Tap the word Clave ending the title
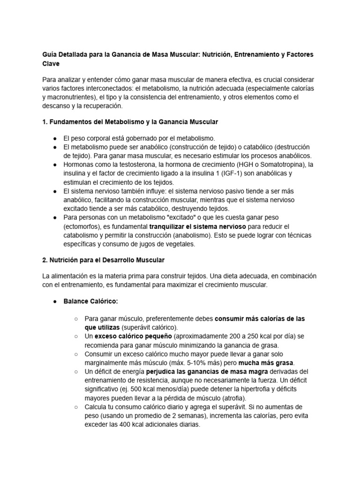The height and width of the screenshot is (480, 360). click(51, 63)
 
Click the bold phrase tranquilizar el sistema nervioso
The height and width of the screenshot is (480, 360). click(197, 226)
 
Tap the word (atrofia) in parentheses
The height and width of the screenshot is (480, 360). click(254, 397)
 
